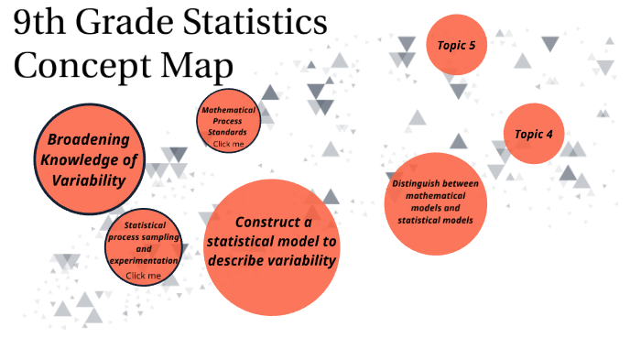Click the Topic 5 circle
click(456, 45)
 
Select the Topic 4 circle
click(534, 134)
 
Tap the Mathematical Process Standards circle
click(228, 125)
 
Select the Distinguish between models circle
click(434, 202)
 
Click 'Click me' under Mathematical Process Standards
click(228, 144)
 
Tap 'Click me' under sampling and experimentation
click(143, 275)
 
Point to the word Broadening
click(94, 140)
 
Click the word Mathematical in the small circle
click(228, 110)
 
